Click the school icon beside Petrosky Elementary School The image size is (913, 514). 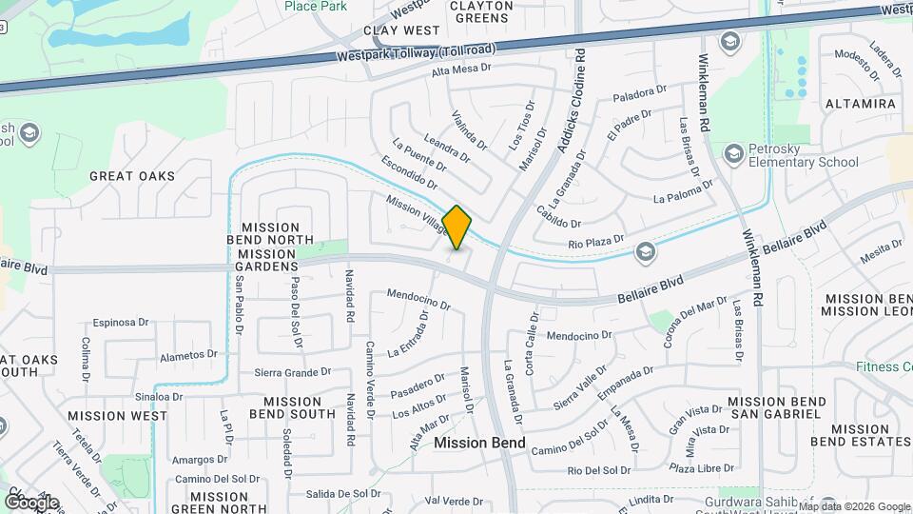[x=733, y=153]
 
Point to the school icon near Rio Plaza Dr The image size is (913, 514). [x=646, y=250]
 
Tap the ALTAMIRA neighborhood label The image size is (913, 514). [x=860, y=103]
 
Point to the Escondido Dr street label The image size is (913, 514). [x=408, y=170]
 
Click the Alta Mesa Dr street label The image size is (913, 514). [x=460, y=69]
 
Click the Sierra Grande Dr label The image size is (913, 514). [x=292, y=372]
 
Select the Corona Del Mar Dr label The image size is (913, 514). [x=696, y=322]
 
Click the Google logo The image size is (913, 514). [x=31, y=502]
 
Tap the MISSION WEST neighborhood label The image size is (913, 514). [x=118, y=416]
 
